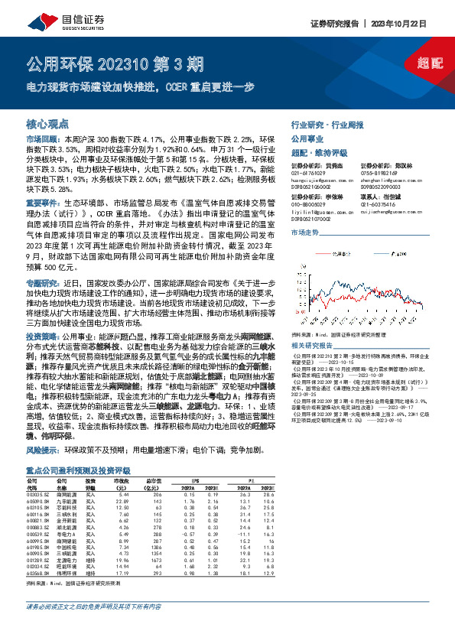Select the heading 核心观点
48,124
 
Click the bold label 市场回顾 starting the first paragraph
41,139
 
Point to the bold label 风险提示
41,452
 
